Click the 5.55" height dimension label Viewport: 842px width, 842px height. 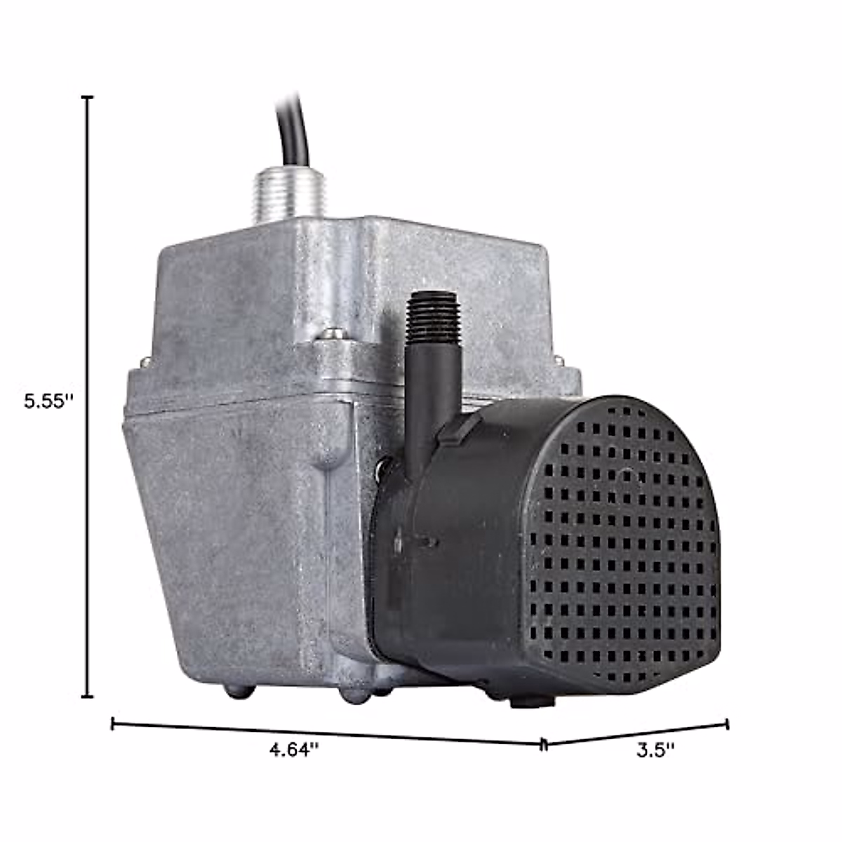(48, 401)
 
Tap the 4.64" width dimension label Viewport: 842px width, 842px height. (294, 749)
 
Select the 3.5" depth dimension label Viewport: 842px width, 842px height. (655, 749)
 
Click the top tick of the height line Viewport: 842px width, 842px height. (88, 98)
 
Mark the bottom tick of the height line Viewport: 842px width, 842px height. (88, 696)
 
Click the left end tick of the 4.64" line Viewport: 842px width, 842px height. (113, 723)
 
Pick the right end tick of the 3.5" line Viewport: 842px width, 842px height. (727, 723)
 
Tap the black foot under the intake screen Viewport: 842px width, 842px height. (532, 700)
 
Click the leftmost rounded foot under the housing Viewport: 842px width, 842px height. (239, 691)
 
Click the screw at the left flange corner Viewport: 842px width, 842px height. (146, 362)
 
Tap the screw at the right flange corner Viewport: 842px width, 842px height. (559, 359)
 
